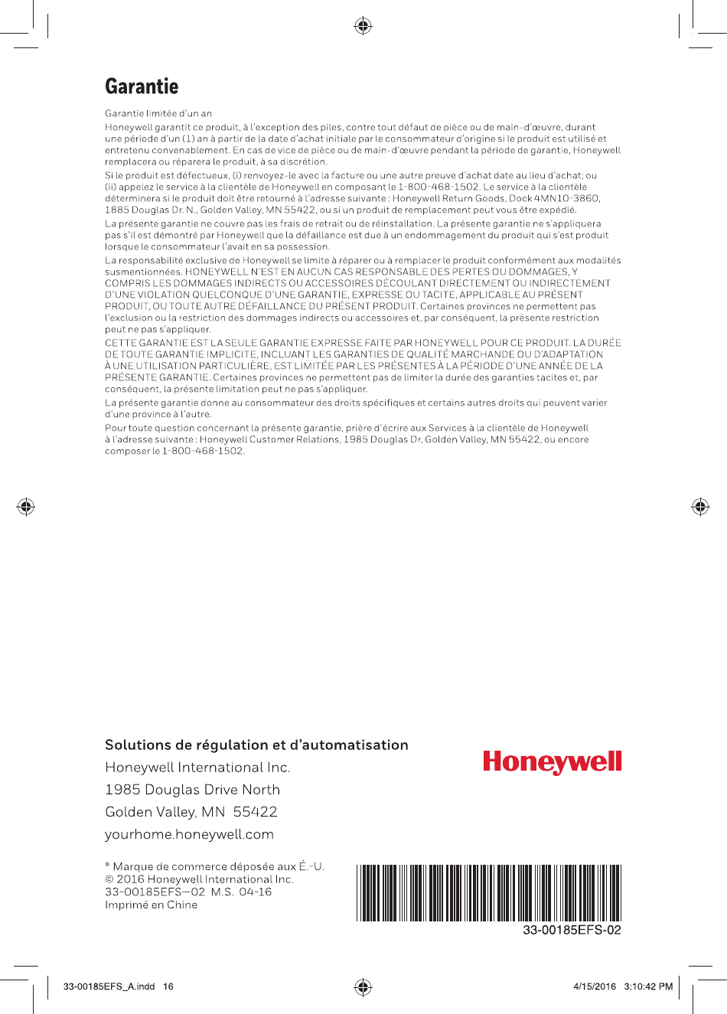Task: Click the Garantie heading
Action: (142, 86)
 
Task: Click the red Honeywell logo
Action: (552, 762)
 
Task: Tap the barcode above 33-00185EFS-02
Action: (488, 892)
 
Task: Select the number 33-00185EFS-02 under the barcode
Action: (572, 931)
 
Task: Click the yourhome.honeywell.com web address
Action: (189, 834)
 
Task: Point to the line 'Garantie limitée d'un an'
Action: (158, 113)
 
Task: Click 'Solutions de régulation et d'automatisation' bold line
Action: (256, 745)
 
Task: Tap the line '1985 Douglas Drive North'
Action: (192, 790)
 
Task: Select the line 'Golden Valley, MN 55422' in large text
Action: (191, 812)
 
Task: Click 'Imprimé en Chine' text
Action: (151, 905)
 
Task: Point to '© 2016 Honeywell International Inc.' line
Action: (199, 879)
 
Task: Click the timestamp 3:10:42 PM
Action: (648, 986)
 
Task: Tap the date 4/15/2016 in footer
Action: (595, 986)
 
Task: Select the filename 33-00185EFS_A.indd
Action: (109, 986)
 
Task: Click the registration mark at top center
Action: (363, 27)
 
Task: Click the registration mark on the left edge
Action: (26, 507)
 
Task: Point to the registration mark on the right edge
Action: (700, 507)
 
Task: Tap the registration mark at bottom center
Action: (363, 986)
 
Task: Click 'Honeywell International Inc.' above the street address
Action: (197, 768)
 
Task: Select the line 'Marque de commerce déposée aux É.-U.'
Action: (215, 866)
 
